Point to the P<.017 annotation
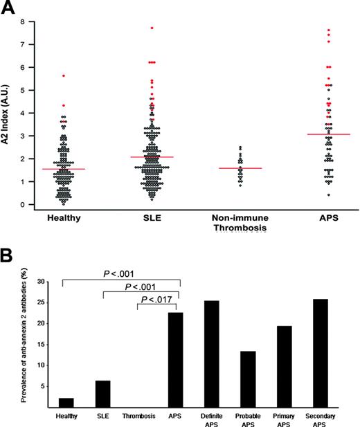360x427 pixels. pyautogui.click(x=159, y=300)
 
